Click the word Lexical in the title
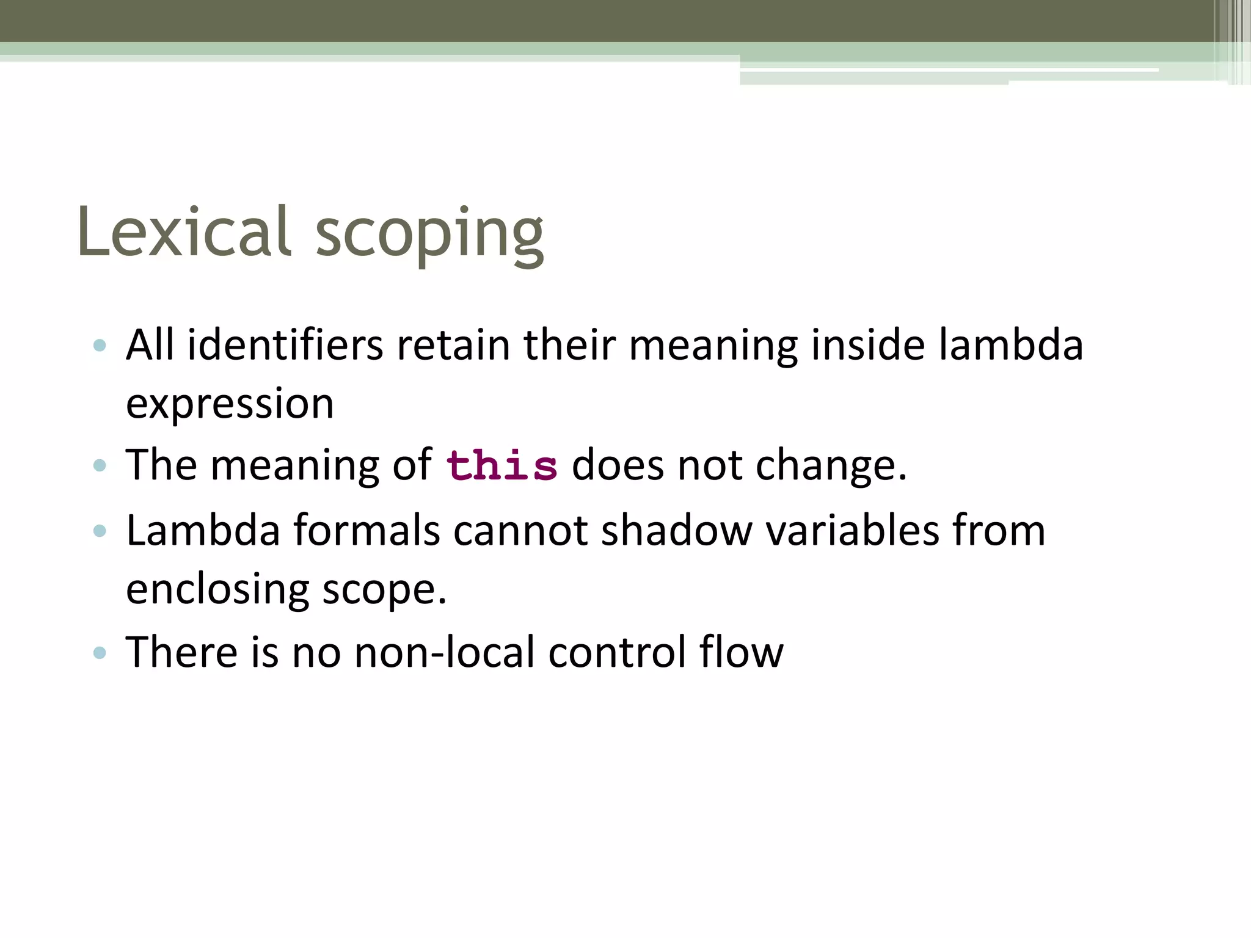coord(183,232)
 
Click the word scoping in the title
coord(429,235)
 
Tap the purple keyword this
coord(501,466)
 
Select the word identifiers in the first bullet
coord(285,345)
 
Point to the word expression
coord(230,404)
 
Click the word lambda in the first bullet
coord(1010,345)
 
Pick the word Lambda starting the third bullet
coord(203,530)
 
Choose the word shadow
coord(677,530)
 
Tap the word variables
coord(852,530)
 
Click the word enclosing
coord(217,590)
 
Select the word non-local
coord(444,652)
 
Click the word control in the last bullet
coord(617,652)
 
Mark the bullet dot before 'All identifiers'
coord(100,346)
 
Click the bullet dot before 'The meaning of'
coord(100,467)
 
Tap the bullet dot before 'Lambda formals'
coord(100,531)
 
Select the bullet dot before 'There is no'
coord(100,653)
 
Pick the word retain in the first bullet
coord(453,345)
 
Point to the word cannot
coord(520,530)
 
